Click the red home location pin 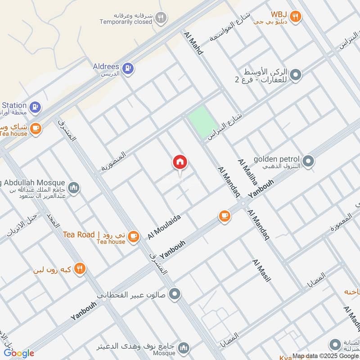(x=180, y=163)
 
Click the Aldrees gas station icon (x=128, y=68)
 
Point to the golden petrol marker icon (x=308, y=160)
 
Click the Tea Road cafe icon (x=133, y=236)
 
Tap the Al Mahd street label (x=193, y=43)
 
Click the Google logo (x=19, y=353)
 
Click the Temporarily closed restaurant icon (x=161, y=18)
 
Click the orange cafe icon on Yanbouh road (x=224, y=216)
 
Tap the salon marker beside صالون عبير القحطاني (x=176, y=294)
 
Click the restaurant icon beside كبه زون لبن (x=80, y=269)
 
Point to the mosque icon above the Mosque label (x=183, y=348)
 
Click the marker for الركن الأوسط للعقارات (x=295, y=75)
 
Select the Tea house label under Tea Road (x=111, y=242)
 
